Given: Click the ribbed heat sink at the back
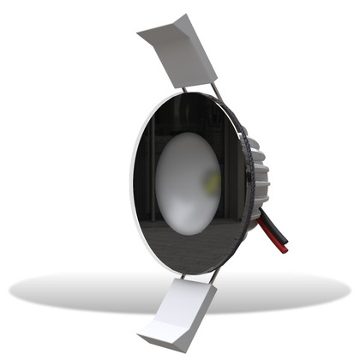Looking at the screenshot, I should point(257,167).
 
